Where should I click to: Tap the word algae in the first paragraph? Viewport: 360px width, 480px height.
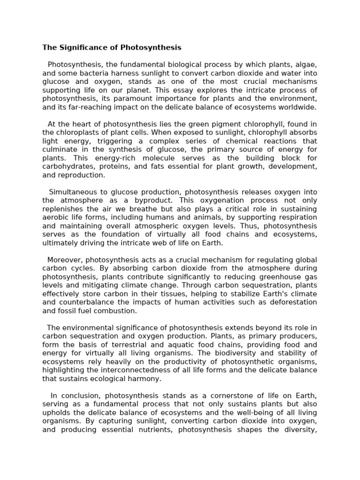306,65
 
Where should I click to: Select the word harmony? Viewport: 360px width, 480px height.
145,379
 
